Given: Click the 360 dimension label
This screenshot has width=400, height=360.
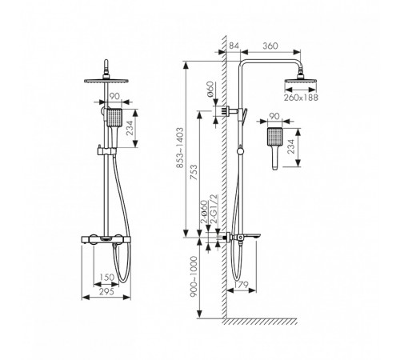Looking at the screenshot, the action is (270, 46).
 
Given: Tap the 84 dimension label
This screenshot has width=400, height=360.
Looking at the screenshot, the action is (234, 46).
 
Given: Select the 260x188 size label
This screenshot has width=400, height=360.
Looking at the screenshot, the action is (301, 98).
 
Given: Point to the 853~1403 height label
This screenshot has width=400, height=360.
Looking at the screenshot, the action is (180, 148).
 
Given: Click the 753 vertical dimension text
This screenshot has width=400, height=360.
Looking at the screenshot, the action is (195, 173).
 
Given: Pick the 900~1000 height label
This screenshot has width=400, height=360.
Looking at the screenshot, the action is (194, 277).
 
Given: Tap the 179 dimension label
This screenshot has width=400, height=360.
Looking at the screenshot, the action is (241, 285).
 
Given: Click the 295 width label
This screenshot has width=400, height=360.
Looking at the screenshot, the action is (106, 291).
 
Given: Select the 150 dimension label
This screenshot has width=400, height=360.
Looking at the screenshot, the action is (106, 278).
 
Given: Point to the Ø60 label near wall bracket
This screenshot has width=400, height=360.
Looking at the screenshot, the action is (210, 90).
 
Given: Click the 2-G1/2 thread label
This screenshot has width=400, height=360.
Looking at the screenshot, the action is (214, 209).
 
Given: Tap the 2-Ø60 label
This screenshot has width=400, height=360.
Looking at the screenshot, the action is (204, 211).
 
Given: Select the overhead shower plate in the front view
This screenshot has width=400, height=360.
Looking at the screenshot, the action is (106, 81).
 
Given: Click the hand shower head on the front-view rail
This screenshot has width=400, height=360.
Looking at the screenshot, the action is (114, 118).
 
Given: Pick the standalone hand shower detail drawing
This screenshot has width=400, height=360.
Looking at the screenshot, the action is (274, 148).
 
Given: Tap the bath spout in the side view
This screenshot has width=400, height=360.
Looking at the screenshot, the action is (252, 236).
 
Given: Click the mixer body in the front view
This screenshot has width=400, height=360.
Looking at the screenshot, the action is (106, 239).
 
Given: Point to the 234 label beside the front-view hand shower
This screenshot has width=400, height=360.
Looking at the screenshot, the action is (130, 128).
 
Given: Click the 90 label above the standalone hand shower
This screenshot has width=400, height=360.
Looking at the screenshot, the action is (274, 116).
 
